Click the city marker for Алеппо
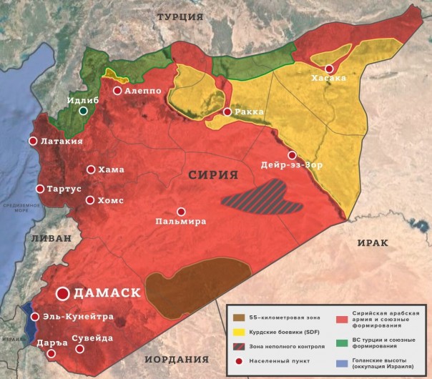(117, 91)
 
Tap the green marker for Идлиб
(84, 111)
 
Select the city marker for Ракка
(227, 112)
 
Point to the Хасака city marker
(330, 69)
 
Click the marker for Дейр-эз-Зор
(292, 155)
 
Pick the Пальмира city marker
(181, 212)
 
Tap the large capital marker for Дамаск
(63, 293)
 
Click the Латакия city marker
(33, 142)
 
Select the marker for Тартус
(40, 189)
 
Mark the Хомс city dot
(90, 200)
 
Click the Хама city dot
(91, 169)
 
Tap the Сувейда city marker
(80, 349)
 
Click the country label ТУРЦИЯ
(180, 16)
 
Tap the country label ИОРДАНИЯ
(177, 359)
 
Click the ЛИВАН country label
(47, 237)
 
